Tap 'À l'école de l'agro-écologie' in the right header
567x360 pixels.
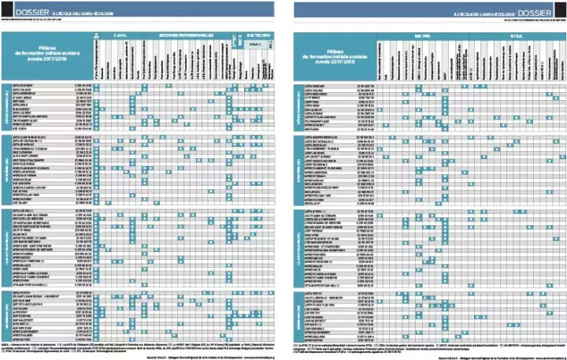[487, 13]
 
